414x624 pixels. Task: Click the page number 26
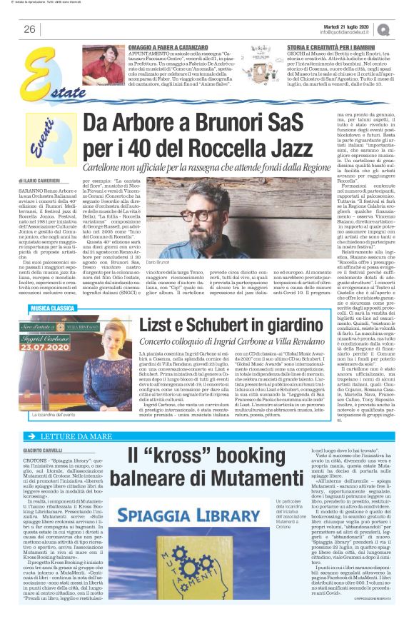coord(29,29)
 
